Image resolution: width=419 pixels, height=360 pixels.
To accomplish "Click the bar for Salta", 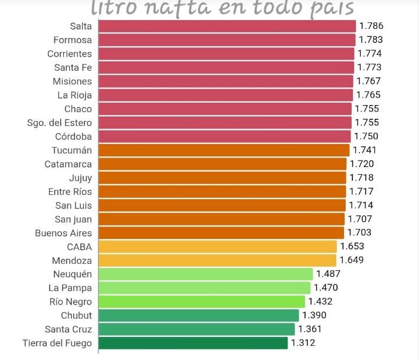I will point(227,26).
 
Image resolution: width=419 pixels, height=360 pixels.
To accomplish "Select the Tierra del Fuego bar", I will point(193,343).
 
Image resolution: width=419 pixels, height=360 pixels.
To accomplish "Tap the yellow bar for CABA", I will point(217,247).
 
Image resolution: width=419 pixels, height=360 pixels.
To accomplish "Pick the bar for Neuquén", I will point(205,274).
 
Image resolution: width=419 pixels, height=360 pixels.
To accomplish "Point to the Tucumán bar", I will point(224,150).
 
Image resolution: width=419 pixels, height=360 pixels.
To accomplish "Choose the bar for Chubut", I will point(199,315).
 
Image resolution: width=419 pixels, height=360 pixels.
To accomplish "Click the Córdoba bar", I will point(224,136).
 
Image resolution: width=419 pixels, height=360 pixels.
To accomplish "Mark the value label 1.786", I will point(371,26).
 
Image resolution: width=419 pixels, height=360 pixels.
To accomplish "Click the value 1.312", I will point(303,343).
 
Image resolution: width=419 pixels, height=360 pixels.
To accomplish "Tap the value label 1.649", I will point(351,260).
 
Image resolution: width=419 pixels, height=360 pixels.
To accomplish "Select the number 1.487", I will point(328,274).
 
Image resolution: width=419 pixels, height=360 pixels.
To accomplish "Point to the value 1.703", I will point(359,233).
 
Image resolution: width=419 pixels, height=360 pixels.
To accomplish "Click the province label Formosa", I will point(73,40).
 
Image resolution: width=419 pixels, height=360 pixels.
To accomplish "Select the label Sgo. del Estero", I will point(60,123).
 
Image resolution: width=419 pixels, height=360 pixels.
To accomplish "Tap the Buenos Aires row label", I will point(63,233).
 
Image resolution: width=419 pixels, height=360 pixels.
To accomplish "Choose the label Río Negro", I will point(70,302).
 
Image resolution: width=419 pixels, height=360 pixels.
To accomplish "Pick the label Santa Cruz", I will point(68,329).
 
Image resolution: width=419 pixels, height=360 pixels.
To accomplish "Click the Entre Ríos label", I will point(70,192).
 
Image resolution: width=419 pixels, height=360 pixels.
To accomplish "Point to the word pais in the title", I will point(331,8).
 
